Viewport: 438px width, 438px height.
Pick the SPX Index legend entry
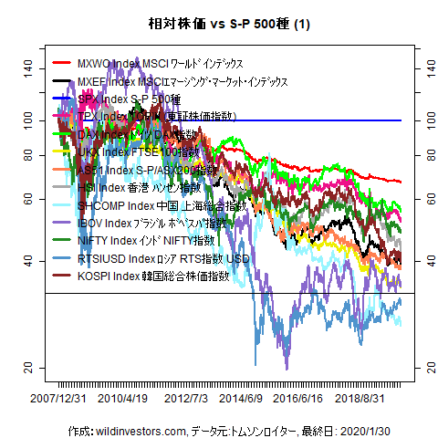click(129, 99)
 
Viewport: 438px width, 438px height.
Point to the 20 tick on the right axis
click(422, 368)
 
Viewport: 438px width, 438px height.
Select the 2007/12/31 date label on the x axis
click(59, 399)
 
